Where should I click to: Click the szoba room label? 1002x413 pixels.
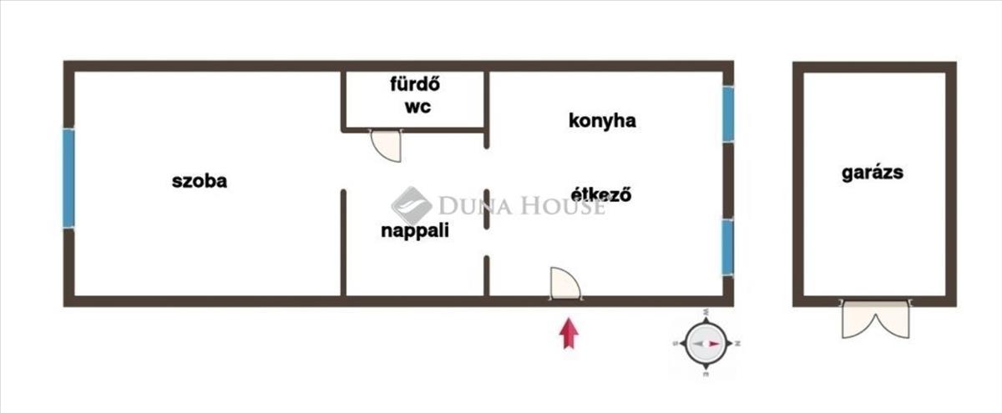tap(200, 181)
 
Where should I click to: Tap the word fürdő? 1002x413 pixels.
tap(415, 84)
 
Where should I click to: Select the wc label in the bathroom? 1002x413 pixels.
tap(417, 108)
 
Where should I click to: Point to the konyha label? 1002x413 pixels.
tap(602, 121)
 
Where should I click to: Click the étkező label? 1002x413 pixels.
tap(601, 194)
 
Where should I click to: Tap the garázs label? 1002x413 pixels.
tap(873, 173)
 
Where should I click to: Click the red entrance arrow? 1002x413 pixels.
tap(569, 333)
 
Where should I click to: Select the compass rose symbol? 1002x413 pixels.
tap(706, 343)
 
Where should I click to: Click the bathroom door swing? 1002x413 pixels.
tap(386, 145)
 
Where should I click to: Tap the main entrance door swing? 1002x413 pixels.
tap(565, 284)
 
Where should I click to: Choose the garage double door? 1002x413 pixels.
tap(875, 319)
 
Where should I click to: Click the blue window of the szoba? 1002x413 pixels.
tap(68, 179)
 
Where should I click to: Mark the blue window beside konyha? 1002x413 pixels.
tap(728, 114)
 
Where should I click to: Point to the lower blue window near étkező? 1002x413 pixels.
tap(728, 247)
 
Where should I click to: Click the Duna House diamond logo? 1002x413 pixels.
tap(412, 206)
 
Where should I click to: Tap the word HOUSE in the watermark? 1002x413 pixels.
tap(564, 207)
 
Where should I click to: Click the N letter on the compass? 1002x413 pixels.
tap(737, 343)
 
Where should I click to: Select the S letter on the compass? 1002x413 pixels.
tap(676, 343)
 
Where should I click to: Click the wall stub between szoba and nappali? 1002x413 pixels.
tap(343, 243)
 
